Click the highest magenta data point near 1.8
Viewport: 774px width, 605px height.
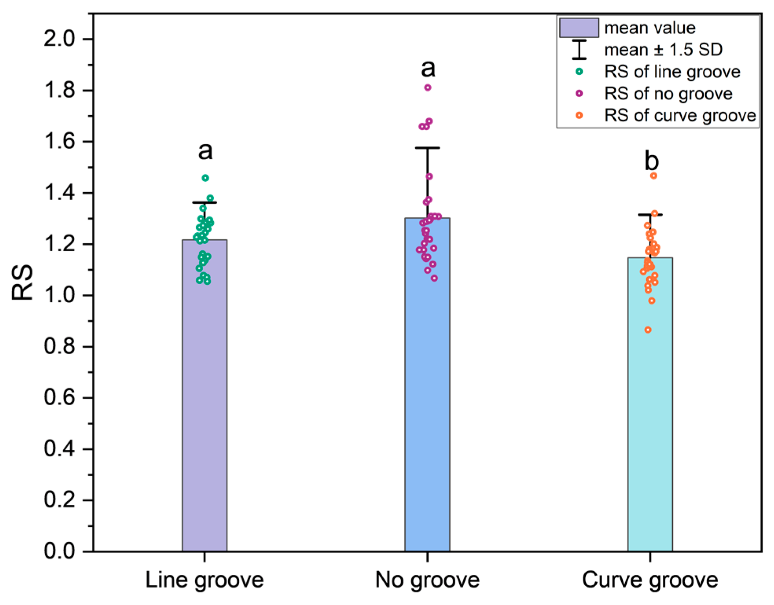point(428,88)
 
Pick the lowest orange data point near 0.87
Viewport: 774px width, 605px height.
point(648,330)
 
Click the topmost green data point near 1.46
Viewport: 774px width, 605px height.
point(205,178)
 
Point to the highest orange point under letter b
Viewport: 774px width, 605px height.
point(654,176)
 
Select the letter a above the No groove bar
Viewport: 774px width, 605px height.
point(428,68)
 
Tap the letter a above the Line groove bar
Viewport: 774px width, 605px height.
point(205,151)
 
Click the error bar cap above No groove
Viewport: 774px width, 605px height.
point(427,148)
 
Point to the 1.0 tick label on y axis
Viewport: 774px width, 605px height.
point(59,295)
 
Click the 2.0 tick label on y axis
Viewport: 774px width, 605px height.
point(59,39)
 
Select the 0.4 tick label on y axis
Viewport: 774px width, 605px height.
point(59,449)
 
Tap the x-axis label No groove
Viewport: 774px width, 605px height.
point(427,580)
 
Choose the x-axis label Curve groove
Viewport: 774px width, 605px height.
point(650,580)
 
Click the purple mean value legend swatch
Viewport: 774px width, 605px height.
point(579,28)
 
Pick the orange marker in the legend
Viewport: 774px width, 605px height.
point(579,115)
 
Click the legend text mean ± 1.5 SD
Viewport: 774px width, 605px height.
point(663,50)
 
